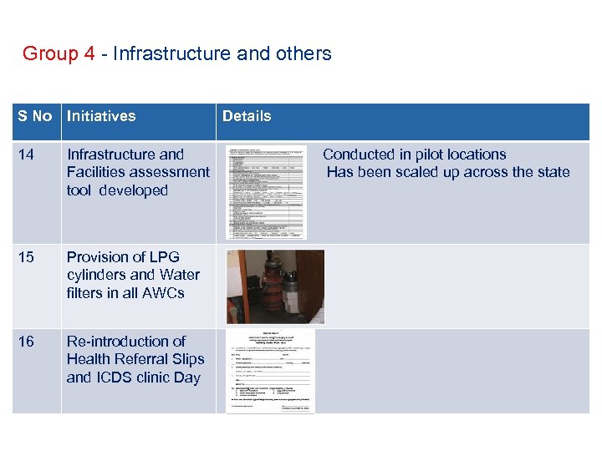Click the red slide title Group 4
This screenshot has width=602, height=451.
pyautogui.click(x=59, y=54)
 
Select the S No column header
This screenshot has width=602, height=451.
pyautogui.click(x=35, y=116)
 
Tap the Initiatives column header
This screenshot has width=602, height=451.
pyautogui.click(x=101, y=116)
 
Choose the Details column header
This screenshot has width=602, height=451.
pyautogui.click(x=247, y=116)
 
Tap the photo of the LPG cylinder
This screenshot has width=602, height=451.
pyautogui.click(x=275, y=286)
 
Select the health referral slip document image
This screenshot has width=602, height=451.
pyautogui.click(x=270, y=370)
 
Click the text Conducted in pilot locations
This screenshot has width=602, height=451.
pyautogui.click(x=415, y=155)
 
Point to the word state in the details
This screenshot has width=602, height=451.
pyautogui.click(x=553, y=172)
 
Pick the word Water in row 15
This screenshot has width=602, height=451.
pyautogui.click(x=180, y=275)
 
